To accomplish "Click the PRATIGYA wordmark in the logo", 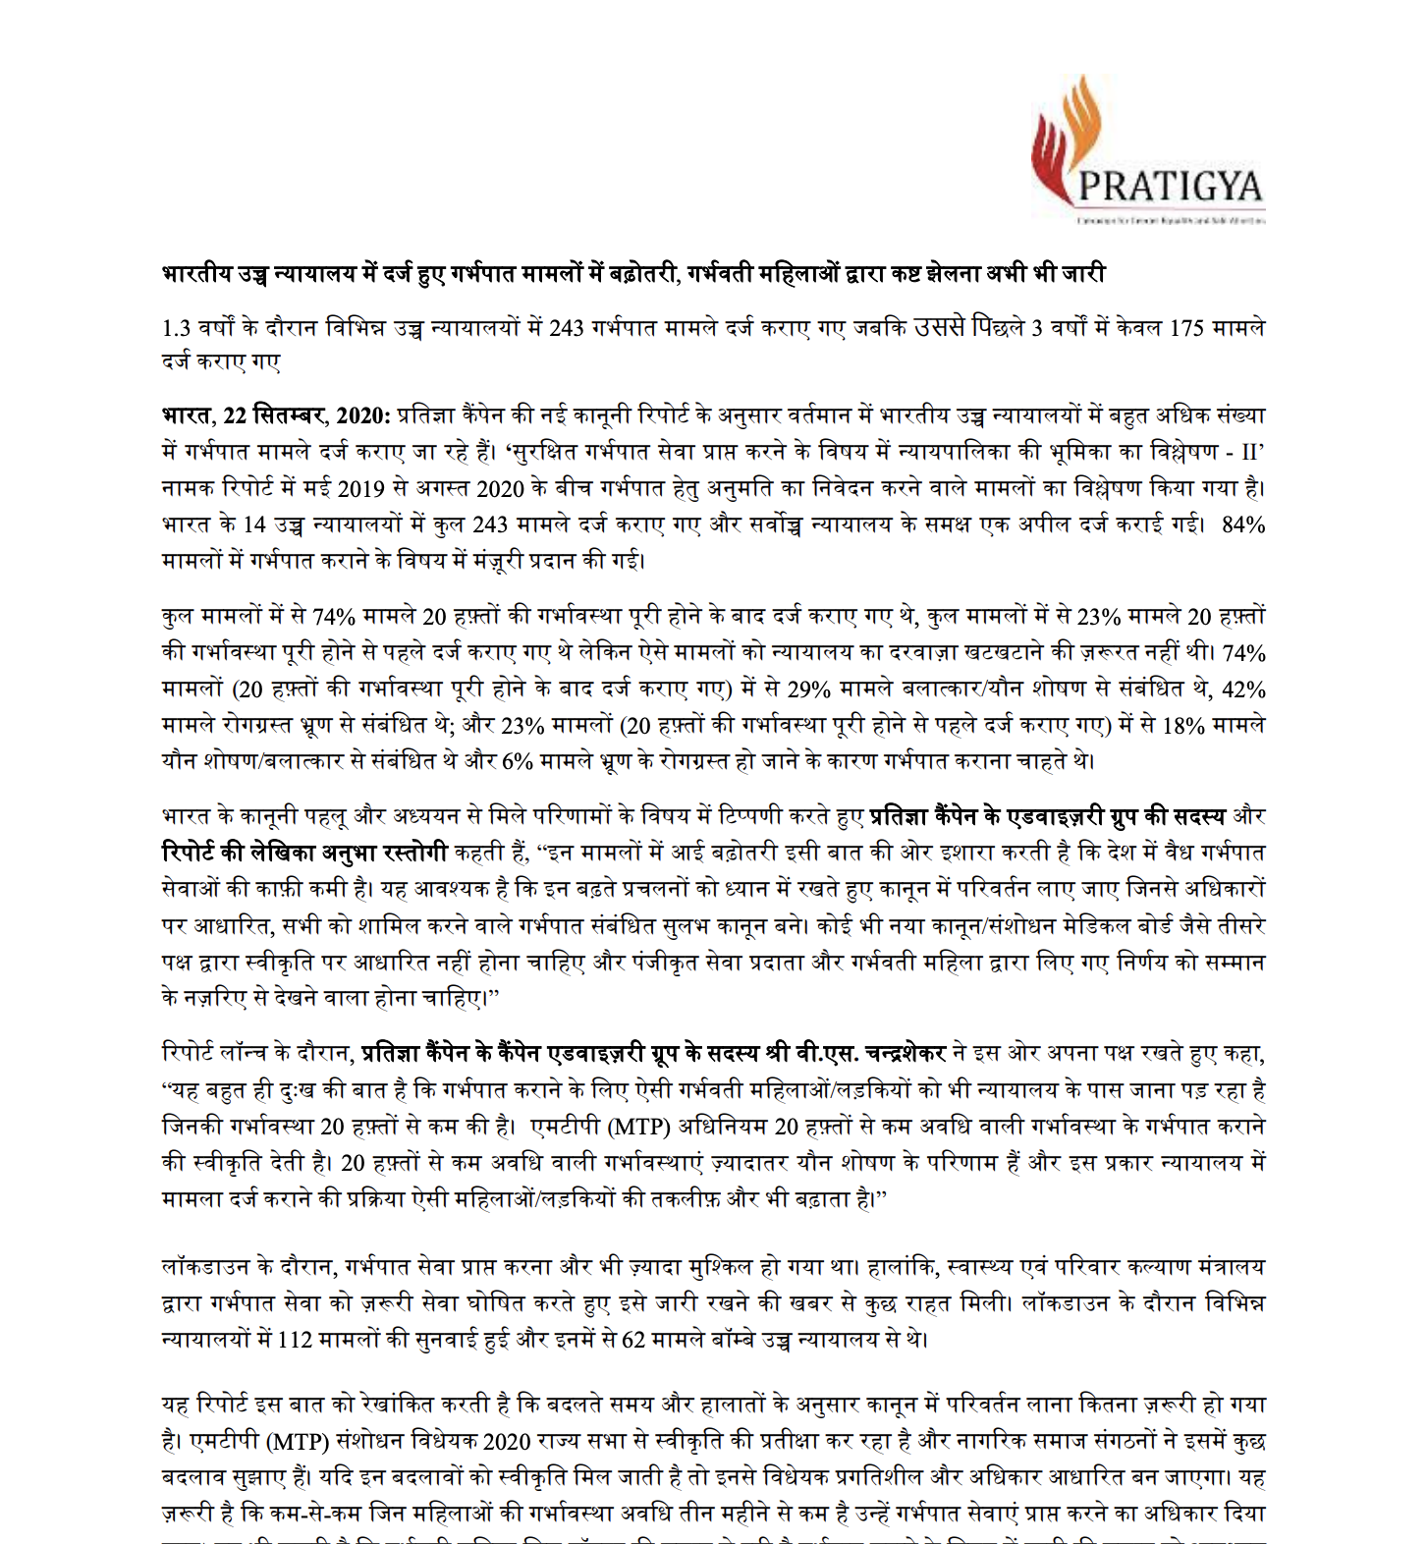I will (x=1170, y=186).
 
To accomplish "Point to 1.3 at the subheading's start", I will (x=176, y=328).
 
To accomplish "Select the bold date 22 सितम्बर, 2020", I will (x=306, y=415).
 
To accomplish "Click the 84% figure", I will (x=1242, y=524).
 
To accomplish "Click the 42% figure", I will (x=1242, y=689).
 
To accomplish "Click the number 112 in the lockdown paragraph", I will (x=295, y=1340).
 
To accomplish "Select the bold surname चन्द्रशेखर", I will (x=895, y=1054).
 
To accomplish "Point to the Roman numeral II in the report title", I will (x=1249, y=452).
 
